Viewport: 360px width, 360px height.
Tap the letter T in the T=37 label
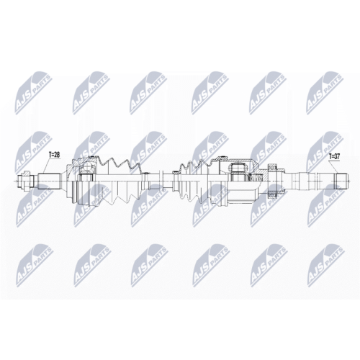pos(330,156)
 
